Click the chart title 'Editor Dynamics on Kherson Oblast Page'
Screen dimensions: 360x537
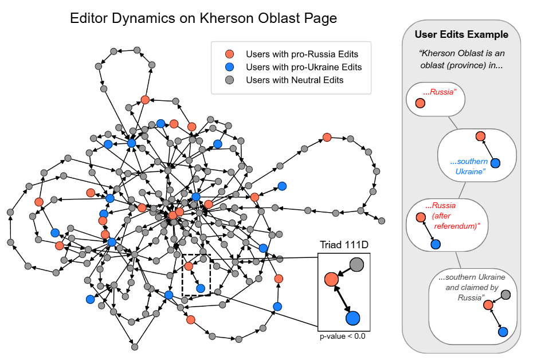pyautogui.click(x=203, y=18)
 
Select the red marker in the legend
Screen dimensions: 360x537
pyautogui.click(x=229, y=54)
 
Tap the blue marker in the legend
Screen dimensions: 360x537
pyautogui.click(x=229, y=67)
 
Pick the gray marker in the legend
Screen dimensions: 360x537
pyautogui.click(x=229, y=80)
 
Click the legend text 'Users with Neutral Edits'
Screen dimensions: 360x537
pyautogui.click(x=295, y=80)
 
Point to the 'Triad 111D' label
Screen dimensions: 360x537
pyautogui.click(x=343, y=246)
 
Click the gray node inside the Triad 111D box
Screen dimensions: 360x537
pyautogui.click(x=356, y=264)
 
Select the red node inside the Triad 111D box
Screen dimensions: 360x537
pyautogui.click(x=331, y=279)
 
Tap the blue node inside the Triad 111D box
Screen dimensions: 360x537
pyautogui.click(x=352, y=318)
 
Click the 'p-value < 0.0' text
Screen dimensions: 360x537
pyautogui.click(x=343, y=336)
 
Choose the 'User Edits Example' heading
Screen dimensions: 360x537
pyautogui.click(x=461, y=34)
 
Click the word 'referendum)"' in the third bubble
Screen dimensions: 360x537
pyautogui.click(x=456, y=226)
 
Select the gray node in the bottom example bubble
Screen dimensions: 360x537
pyautogui.click(x=505, y=295)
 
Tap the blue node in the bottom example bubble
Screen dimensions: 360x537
pyautogui.click(x=503, y=331)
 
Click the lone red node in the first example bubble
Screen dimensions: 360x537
pyautogui.click(x=420, y=103)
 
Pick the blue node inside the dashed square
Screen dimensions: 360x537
pyautogui.click(x=201, y=288)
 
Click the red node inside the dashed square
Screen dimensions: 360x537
pyautogui.click(x=189, y=266)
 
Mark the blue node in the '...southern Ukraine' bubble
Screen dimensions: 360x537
pyautogui.click(x=495, y=163)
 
